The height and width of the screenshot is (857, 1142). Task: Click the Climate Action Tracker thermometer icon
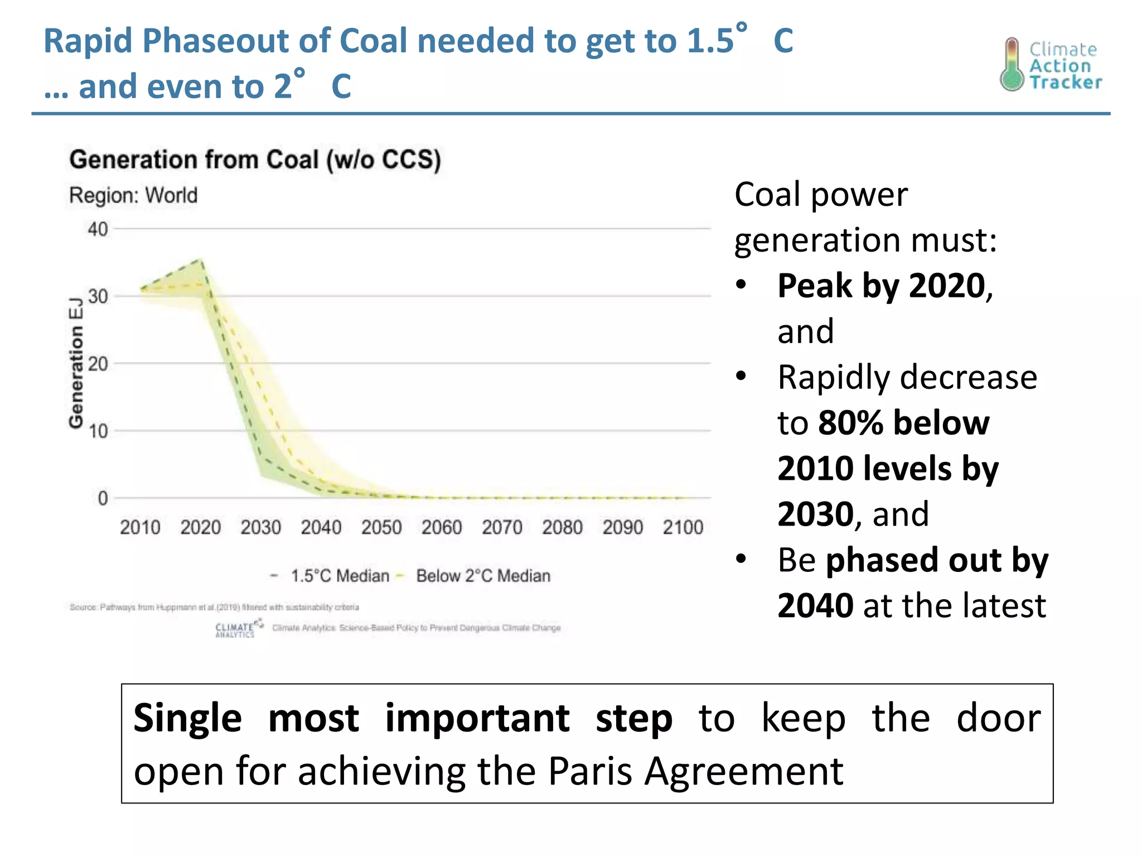click(x=1012, y=65)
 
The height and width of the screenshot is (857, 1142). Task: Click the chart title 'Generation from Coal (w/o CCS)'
click(x=255, y=160)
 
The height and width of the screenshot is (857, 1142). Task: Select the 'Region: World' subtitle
click(x=133, y=196)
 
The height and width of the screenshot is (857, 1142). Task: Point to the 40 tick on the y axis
click(x=98, y=229)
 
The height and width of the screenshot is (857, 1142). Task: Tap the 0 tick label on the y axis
click(x=103, y=498)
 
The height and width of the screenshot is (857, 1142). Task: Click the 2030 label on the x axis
click(x=260, y=527)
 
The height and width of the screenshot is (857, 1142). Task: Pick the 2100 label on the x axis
click(x=683, y=527)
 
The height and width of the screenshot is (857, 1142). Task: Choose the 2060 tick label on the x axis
click(x=442, y=527)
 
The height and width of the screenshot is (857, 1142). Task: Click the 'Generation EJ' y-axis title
click(x=76, y=363)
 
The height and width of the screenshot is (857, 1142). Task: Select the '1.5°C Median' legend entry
click(x=340, y=576)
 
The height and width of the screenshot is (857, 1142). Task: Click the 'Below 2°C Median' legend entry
click(x=483, y=576)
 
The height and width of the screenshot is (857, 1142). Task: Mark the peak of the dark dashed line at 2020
click(x=201, y=260)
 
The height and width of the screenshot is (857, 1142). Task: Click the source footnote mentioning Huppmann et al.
click(x=214, y=607)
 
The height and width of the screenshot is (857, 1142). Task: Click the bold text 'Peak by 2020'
click(x=882, y=286)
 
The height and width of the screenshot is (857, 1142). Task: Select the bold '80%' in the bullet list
click(x=850, y=422)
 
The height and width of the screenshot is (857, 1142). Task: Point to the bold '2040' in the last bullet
click(x=815, y=605)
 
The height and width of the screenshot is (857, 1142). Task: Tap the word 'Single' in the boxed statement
click(x=187, y=718)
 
